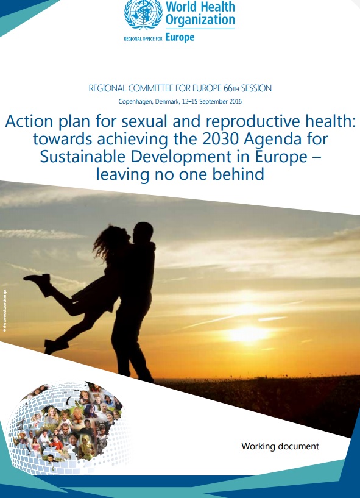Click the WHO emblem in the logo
139,15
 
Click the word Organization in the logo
200,21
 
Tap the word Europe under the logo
180,37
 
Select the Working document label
280,446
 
